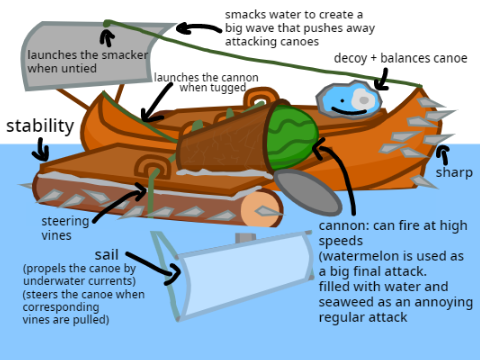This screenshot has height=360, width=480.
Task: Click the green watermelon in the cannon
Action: click(x=293, y=137)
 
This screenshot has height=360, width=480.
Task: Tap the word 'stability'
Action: click(x=40, y=126)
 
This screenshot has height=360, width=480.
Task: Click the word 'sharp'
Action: click(x=454, y=173)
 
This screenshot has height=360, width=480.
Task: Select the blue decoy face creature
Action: click(x=349, y=99)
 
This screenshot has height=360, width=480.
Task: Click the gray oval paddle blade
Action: click(x=308, y=192)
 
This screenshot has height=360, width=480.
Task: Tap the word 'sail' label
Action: click(x=106, y=255)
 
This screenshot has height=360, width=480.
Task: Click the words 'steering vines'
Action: click(x=65, y=228)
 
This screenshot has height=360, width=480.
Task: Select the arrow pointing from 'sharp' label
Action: click(x=444, y=155)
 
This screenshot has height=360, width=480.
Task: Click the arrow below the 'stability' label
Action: click(x=42, y=149)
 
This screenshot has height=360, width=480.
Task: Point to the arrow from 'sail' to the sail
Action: click(x=153, y=267)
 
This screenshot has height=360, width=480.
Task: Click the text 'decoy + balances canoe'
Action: click(x=400, y=58)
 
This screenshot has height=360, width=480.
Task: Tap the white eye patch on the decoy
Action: click(x=362, y=99)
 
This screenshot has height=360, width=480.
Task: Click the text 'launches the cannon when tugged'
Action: click(x=207, y=82)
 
